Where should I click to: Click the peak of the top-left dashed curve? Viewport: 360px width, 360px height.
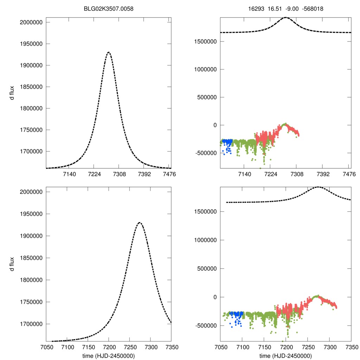click(109, 52)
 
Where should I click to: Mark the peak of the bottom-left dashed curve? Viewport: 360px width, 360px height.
click(140, 223)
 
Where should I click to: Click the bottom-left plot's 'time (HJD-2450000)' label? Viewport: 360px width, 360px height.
click(109, 356)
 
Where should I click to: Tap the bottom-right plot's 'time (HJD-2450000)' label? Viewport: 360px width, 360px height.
click(285, 356)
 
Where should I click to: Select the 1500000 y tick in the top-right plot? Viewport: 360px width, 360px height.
click(205, 41)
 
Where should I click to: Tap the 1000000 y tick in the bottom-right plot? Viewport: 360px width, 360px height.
click(205, 240)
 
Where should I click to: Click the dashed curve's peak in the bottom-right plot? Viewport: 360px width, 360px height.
click(318, 187)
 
